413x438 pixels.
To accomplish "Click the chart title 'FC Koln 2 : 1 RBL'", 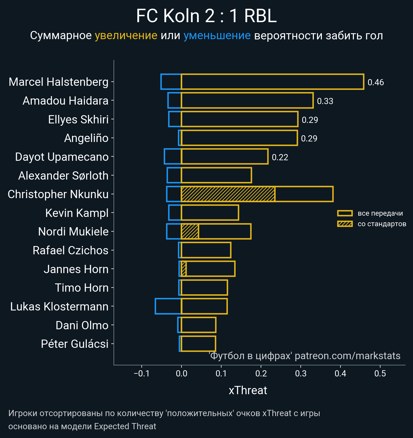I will (x=206, y=16).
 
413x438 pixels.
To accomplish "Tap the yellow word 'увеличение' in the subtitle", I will (x=126, y=36).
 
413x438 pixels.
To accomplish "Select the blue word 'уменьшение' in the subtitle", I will (x=217, y=36).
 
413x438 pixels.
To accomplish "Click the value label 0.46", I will (x=376, y=82).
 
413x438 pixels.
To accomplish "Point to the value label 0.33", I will (x=325, y=101).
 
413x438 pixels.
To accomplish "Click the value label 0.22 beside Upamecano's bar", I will (x=280, y=157).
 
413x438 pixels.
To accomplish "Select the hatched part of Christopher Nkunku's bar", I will (x=228, y=194).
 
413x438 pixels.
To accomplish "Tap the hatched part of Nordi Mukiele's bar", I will (x=190, y=232).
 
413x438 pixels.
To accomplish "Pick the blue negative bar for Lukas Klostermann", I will (x=168, y=306).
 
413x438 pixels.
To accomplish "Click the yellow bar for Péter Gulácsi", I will (x=198, y=344).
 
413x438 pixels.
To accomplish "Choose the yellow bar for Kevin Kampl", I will (x=210, y=213).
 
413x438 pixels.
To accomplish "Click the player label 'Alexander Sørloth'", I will (x=63, y=176).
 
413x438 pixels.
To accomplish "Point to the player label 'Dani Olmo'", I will (x=82, y=325).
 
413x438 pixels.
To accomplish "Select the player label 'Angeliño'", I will (x=86, y=138).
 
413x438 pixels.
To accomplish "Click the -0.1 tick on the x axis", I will (x=141, y=373).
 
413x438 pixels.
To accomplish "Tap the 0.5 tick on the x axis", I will (x=380, y=373).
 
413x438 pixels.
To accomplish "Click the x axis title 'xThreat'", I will (x=248, y=390).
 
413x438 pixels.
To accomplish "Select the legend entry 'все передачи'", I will (x=380, y=213).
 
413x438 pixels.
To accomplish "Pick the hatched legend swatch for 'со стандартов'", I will (x=345, y=224).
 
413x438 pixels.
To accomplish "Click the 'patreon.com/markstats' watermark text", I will (x=347, y=356).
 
